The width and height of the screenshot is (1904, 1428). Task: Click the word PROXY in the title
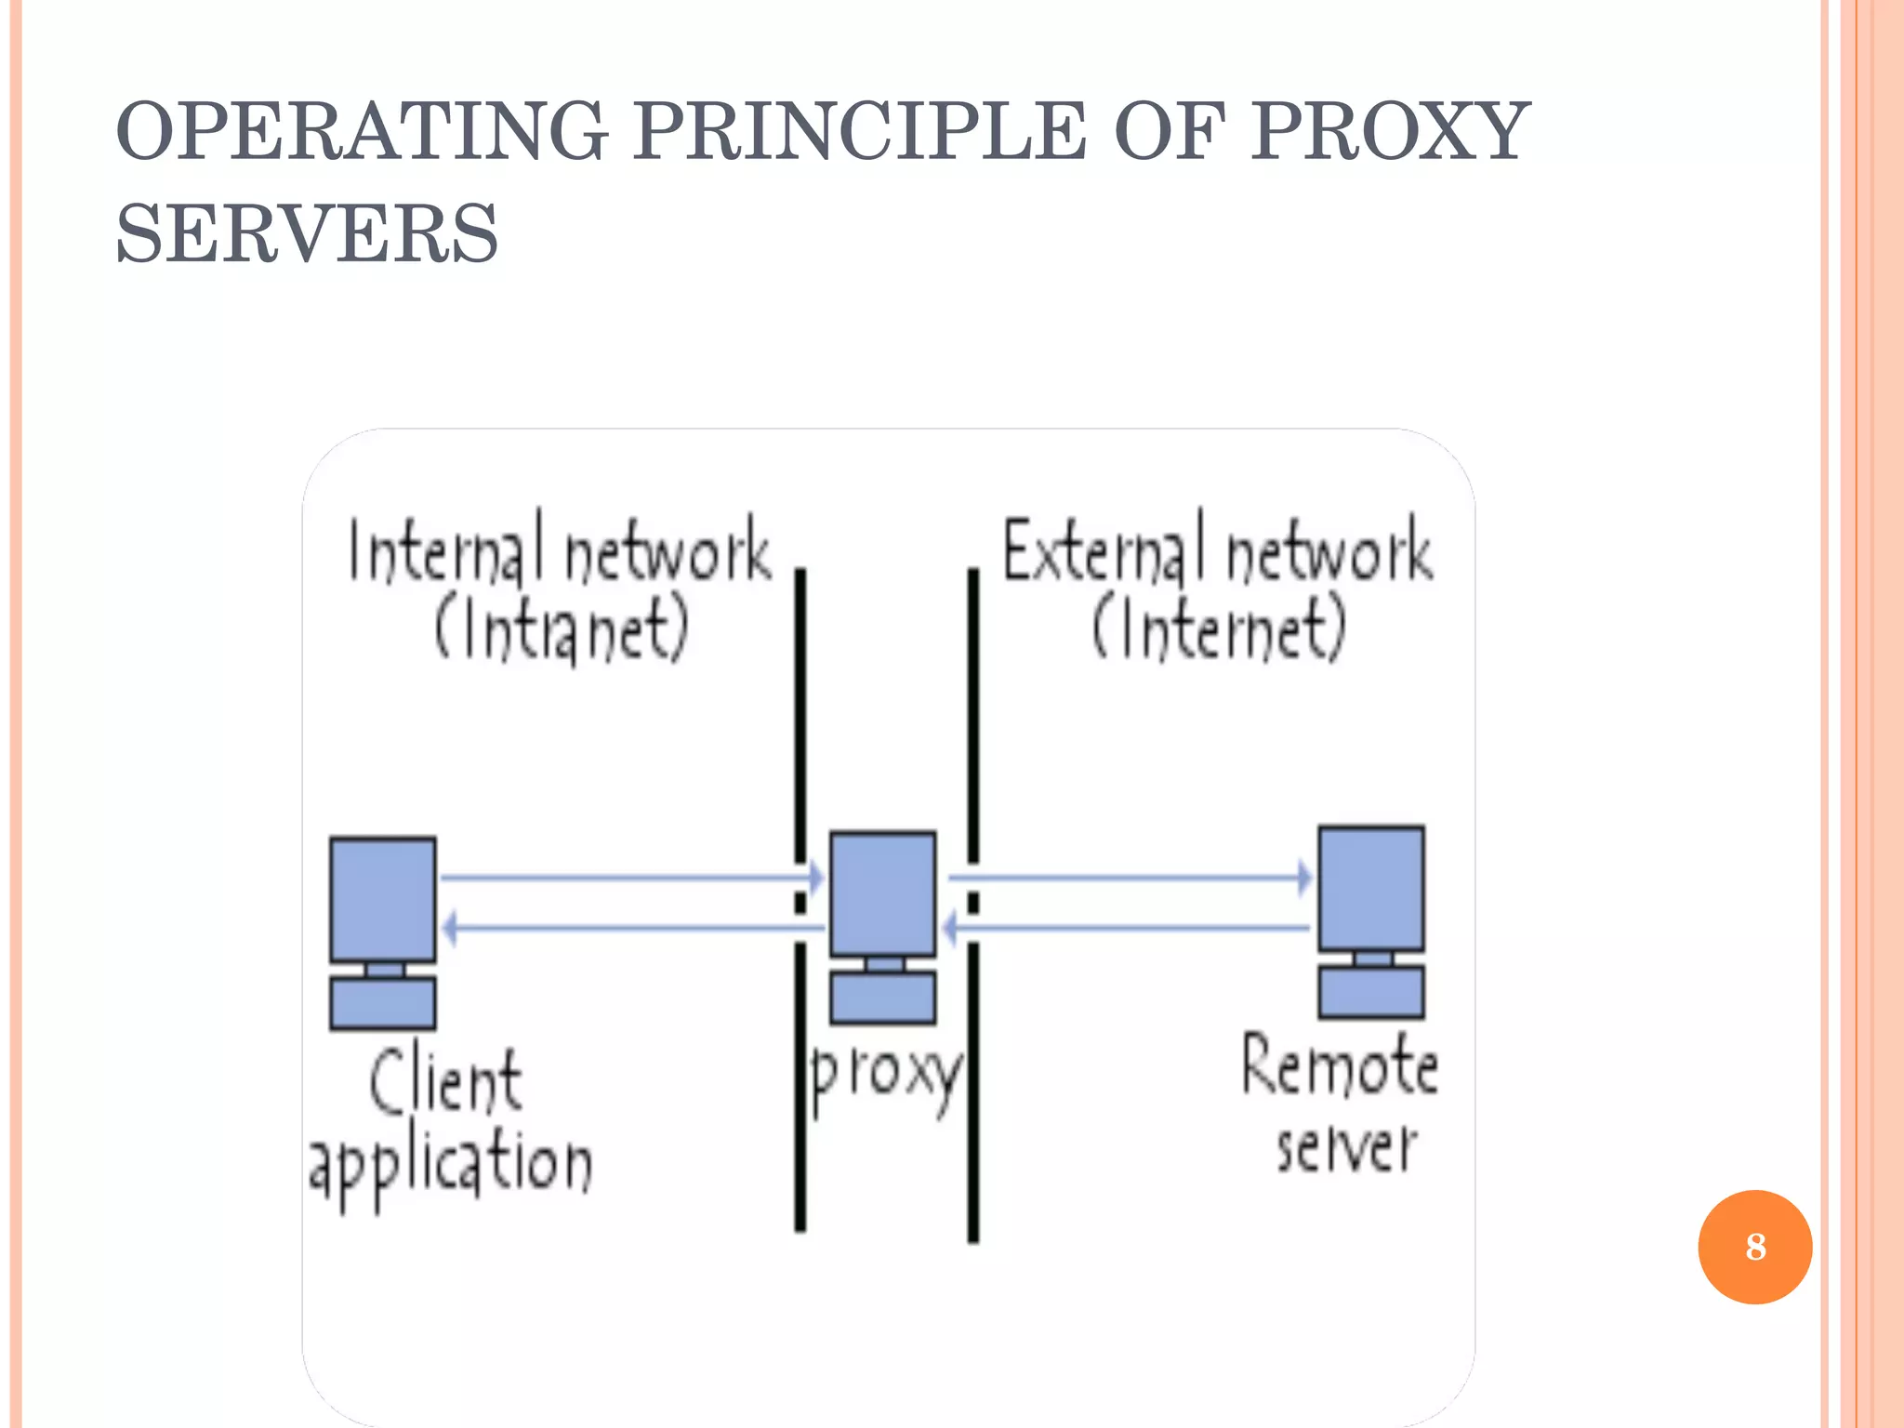[1389, 132]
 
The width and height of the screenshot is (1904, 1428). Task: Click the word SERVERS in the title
[307, 234]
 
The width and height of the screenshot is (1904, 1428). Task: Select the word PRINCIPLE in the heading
[859, 132]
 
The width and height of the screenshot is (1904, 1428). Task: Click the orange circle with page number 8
[1754, 1247]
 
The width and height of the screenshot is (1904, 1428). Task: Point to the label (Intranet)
[562, 629]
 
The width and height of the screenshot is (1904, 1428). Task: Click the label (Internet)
[1218, 629]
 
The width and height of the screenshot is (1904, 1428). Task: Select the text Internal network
[560, 550]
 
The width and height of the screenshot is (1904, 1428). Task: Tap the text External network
[1218, 550]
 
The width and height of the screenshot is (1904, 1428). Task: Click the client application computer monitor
[383, 899]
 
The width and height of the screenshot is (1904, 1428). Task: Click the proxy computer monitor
[882, 893]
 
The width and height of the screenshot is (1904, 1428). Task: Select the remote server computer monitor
[1371, 888]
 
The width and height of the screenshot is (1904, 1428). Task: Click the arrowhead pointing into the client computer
[450, 928]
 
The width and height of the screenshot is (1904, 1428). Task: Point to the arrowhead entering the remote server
[1304, 877]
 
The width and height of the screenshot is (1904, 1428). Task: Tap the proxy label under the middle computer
[885, 1076]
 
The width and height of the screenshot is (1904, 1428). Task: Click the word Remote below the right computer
[1339, 1065]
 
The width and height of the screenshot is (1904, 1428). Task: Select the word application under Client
[451, 1164]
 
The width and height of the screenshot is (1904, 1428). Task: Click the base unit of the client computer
[383, 1003]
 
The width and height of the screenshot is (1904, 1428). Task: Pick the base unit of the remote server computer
[1371, 992]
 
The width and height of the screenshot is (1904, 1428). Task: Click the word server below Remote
[1346, 1147]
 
